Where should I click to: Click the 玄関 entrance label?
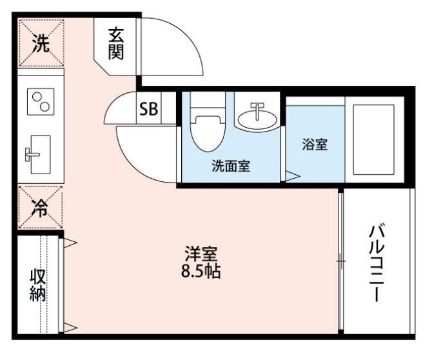tap(116, 43)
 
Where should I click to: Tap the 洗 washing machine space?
tap(41, 43)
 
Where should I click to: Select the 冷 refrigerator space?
tap(41, 208)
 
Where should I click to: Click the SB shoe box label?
tap(148, 109)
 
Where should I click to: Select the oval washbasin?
tap(257, 119)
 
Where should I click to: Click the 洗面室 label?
tap(231, 166)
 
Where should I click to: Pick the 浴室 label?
tap(315, 145)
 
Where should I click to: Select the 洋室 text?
tap(200, 253)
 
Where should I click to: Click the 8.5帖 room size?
tap(200, 272)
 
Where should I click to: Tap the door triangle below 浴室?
tap(292, 175)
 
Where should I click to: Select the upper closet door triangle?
tap(70, 244)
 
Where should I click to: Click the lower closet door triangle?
tap(70, 328)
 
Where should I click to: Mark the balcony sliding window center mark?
tap(340, 261)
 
